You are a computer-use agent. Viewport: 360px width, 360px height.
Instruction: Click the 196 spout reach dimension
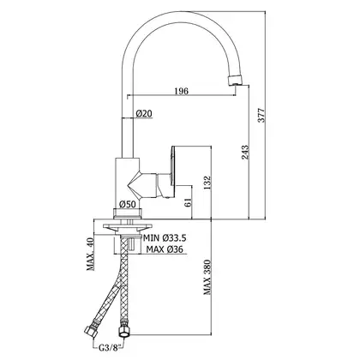(x=182, y=91)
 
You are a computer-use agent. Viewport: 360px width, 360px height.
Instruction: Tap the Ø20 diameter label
(x=144, y=114)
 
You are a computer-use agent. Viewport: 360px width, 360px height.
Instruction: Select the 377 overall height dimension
(x=261, y=116)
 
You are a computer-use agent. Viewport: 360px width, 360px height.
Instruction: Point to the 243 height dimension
(x=245, y=153)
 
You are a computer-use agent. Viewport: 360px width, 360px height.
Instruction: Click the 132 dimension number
(x=207, y=183)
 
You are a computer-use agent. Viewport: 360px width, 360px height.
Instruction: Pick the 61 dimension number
(x=188, y=202)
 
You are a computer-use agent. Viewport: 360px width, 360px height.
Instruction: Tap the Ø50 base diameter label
(x=128, y=204)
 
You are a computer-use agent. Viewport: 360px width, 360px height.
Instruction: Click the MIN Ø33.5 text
(x=165, y=238)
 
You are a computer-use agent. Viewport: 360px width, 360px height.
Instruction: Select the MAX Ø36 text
(x=165, y=249)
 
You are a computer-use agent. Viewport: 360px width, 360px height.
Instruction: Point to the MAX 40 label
(x=91, y=254)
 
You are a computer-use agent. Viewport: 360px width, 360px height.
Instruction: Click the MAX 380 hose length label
(x=207, y=277)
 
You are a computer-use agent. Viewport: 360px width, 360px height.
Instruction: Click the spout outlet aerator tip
(x=236, y=80)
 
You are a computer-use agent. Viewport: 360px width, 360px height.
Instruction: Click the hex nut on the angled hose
(x=91, y=332)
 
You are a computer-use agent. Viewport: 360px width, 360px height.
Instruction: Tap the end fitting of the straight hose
(x=123, y=330)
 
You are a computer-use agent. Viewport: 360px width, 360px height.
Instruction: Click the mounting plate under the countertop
(x=127, y=227)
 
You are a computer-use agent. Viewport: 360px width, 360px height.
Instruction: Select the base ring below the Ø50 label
(x=128, y=213)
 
